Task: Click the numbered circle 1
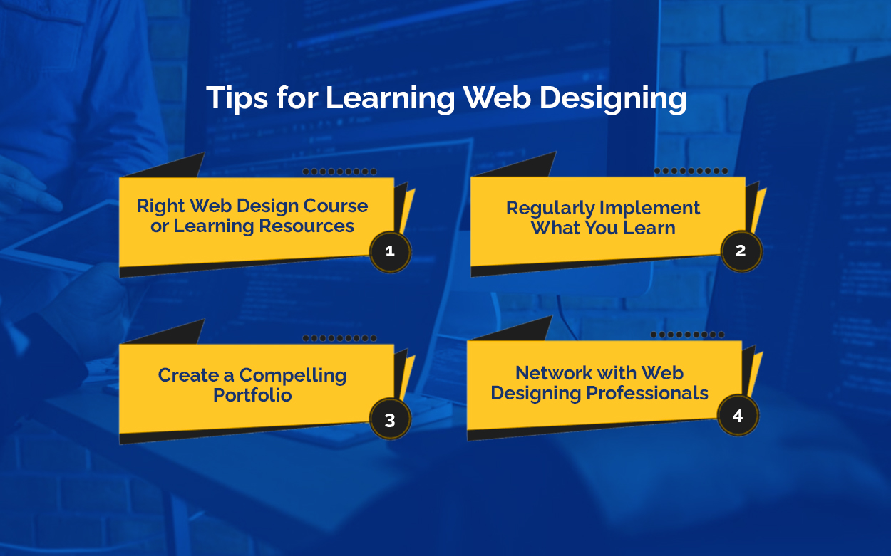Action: [390, 251]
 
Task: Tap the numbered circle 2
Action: [741, 251]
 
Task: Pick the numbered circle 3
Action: [390, 420]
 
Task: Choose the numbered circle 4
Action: [738, 416]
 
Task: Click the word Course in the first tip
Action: [336, 206]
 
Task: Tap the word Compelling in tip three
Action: [293, 376]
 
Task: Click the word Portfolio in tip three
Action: [252, 395]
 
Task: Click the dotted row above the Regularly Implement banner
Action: [691, 171]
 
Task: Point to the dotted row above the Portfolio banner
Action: [339, 338]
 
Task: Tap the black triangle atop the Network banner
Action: [520, 330]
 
